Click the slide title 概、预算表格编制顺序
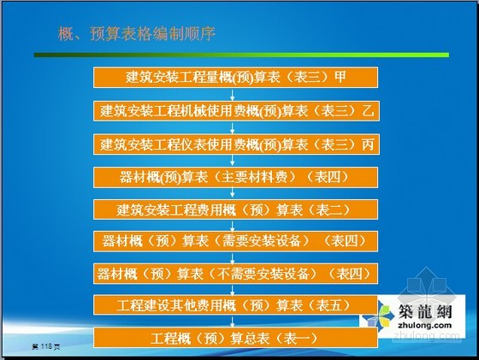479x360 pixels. click(137, 33)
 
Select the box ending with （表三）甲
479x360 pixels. click(235, 77)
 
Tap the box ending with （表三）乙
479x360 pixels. click(236, 111)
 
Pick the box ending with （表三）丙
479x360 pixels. click(236, 145)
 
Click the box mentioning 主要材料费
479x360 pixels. click(235, 177)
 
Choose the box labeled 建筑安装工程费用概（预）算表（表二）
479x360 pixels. click(235, 210)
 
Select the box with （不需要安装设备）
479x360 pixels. click(235, 274)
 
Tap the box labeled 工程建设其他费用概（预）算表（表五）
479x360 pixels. click(235, 304)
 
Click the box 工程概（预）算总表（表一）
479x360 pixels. click(235, 338)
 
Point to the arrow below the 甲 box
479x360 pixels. click(232, 94)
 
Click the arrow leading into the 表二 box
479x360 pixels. click(232, 193)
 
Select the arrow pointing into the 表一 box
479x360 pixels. click(232, 321)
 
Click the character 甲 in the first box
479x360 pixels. click(340, 77)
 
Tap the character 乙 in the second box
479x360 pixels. click(368, 111)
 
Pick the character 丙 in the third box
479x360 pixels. click(368, 145)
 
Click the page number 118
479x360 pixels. click(46, 346)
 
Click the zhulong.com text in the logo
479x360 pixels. click(424, 325)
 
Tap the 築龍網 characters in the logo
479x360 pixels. click(424, 311)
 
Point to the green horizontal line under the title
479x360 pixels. click(241, 55)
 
